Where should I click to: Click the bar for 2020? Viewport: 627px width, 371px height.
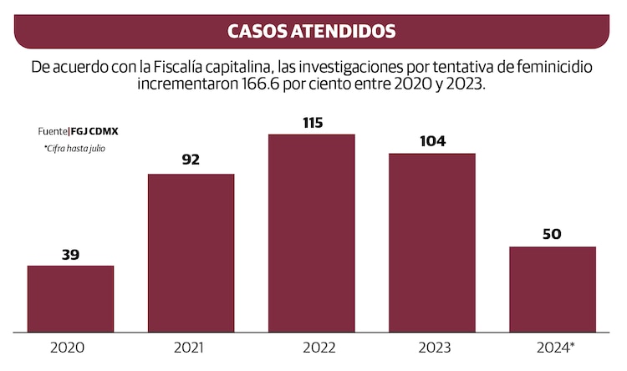coord(70,298)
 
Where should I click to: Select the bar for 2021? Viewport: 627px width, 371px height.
coord(191,252)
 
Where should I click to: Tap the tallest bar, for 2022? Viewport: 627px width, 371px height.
coord(311,232)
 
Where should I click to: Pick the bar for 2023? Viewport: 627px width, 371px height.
coord(431,242)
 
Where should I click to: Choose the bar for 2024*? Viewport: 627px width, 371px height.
coord(552,288)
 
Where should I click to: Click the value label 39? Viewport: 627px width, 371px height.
coord(70,255)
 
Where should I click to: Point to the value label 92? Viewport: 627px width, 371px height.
coord(191,160)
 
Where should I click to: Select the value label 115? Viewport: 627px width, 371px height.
coord(311,122)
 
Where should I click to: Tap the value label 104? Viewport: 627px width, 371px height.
coord(431,140)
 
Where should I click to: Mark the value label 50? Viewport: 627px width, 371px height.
coord(552,234)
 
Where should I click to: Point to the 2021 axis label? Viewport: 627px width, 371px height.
coord(190,347)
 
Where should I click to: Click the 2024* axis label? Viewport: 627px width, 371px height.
coord(554,347)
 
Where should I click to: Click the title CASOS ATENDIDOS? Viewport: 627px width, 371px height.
coord(312,32)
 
